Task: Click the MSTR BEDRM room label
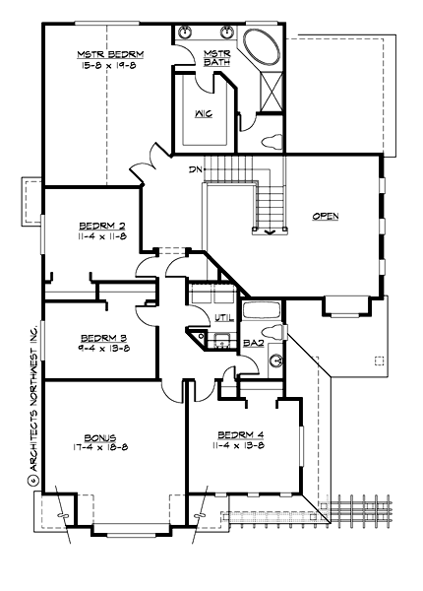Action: point(109,56)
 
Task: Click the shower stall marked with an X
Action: point(266,98)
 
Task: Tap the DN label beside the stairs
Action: point(197,168)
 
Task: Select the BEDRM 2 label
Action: point(95,226)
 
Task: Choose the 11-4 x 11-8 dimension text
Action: point(95,237)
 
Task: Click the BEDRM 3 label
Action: point(95,335)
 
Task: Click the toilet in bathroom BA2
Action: point(276,332)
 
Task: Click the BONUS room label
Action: point(100,437)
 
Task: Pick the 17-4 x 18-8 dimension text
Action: point(100,448)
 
